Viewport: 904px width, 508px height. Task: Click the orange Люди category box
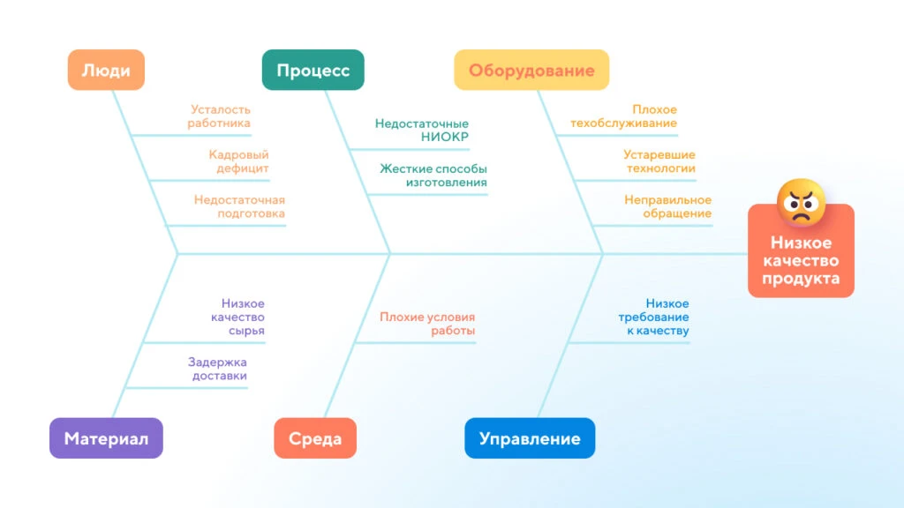pos(106,70)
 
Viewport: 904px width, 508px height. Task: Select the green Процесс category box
pos(313,70)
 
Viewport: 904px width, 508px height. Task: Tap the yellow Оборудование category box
pos(531,70)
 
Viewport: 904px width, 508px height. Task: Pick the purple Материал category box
pos(106,438)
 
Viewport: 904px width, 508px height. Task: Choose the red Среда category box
pos(315,438)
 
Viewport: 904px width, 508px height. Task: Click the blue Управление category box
pos(530,438)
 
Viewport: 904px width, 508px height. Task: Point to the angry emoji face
pos(801,202)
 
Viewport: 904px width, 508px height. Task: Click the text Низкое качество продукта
pos(801,260)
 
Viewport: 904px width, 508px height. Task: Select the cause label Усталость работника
pos(219,116)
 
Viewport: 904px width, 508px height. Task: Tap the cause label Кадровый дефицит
pos(238,161)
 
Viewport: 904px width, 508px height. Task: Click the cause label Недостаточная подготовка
pos(239,206)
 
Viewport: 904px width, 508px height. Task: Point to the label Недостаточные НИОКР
pos(421,131)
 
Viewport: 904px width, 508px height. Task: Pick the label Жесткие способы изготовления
pos(433,176)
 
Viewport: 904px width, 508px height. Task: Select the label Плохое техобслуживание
pos(624,116)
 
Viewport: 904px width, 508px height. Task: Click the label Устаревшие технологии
pos(659,161)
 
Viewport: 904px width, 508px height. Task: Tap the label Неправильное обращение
pos(667,206)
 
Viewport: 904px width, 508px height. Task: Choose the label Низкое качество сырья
pos(237,317)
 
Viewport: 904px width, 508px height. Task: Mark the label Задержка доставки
pos(217,369)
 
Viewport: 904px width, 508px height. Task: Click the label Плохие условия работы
pos(427,323)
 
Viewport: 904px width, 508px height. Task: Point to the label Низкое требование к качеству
pos(654,317)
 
